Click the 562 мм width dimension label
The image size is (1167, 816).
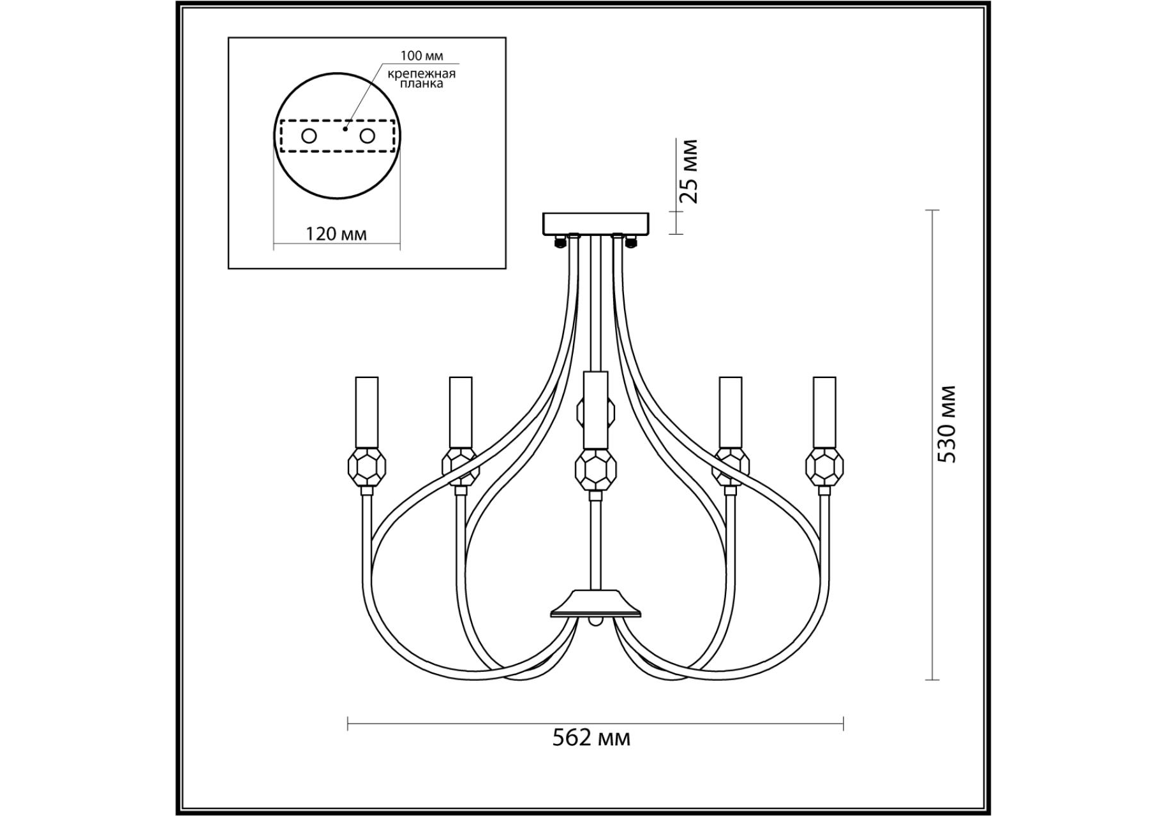[x=591, y=738]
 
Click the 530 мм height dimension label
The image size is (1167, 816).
[x=948, y=424]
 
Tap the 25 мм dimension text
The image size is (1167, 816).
[x=688, y=171]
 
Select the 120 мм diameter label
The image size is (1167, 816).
[x=336, y=233]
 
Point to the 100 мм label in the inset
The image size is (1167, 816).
[x=421, y=56]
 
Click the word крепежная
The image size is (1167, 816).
[x=422, y=73]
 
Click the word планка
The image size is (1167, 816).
[x=421, y=84]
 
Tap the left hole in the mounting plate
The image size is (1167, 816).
[x=309, y=136]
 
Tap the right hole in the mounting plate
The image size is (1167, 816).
[x=367, y=136]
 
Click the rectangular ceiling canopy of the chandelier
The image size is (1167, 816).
[x=595, y=223]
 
